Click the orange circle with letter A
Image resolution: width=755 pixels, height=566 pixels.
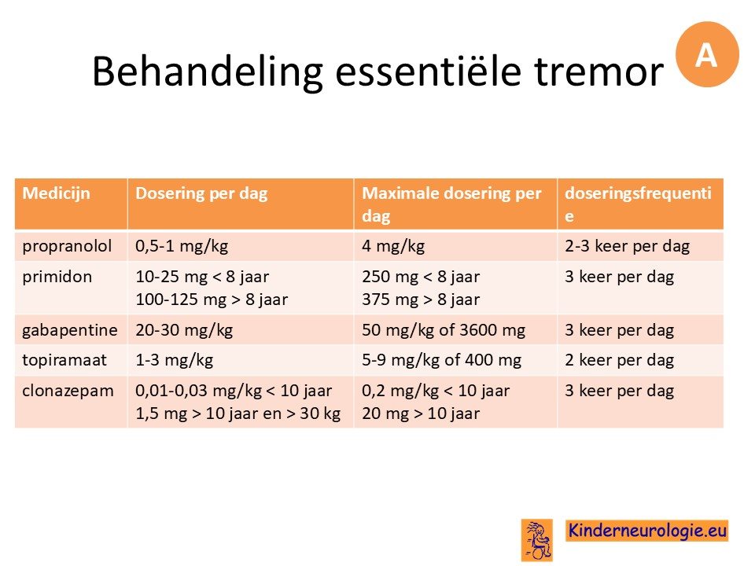[707, 54]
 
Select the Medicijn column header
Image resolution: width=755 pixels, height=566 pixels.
[57, 193]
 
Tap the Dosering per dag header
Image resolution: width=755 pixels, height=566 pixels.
[201, 193]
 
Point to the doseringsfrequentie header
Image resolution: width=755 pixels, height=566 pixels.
[638, 204]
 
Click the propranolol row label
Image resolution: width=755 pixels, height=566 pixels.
[67, 246]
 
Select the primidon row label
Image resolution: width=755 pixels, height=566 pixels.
[57, 277]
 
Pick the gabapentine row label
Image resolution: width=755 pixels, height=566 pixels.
[70, 331]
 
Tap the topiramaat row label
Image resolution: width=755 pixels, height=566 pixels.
[64, 361]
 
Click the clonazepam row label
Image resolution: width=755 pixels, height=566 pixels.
[68, 391]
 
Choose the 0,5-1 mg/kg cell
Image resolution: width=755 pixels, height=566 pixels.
[182, 246]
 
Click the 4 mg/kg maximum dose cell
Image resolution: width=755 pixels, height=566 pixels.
[393, 246]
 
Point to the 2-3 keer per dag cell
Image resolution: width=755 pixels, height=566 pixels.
[627, 246]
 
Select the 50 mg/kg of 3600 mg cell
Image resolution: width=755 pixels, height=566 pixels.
[443, 330]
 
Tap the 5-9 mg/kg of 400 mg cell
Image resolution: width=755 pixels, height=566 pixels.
[441, 361]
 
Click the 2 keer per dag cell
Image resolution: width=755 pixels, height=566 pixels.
[619, 361]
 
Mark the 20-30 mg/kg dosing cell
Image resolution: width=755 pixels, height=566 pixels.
[184, 330]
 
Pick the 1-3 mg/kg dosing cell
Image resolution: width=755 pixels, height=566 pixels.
[174, 361]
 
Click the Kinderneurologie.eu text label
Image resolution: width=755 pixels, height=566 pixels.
[646, 531]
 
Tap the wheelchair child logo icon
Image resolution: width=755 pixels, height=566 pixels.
[536, 540]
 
